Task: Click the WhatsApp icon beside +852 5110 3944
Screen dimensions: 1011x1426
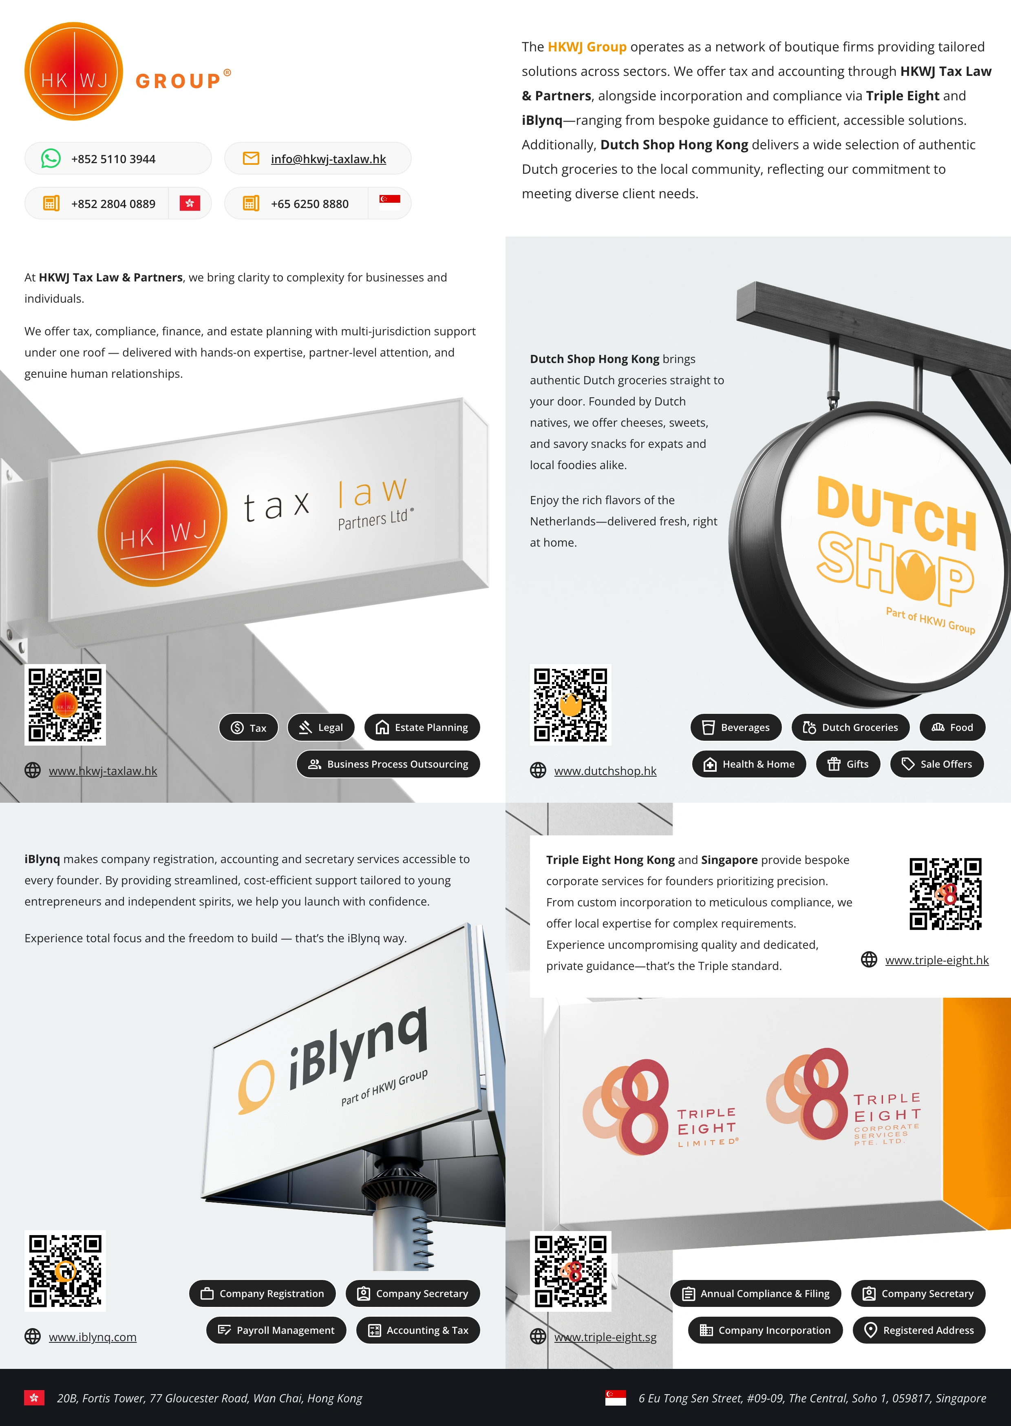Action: pos(51,158)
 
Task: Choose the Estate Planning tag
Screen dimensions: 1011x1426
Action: pos(422,727)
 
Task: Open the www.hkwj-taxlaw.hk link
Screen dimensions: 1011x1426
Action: pos(103,771)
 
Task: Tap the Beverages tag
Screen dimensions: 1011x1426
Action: pos(736,727)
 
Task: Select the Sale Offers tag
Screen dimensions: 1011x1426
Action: pos(937,764)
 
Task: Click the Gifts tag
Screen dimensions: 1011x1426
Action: pos(848,764)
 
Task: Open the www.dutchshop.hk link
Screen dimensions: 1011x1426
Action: pos(605,771)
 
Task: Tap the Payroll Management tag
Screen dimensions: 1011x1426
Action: pos(276,1330)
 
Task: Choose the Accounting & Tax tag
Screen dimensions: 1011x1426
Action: pos(418,1330)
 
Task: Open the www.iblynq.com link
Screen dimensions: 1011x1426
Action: pos(93,1337)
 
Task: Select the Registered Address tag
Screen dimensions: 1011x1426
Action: pos(919,1330)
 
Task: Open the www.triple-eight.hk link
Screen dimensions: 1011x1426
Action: pos(937,960)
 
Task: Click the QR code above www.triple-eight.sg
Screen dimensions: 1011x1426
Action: pos(570,1271)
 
